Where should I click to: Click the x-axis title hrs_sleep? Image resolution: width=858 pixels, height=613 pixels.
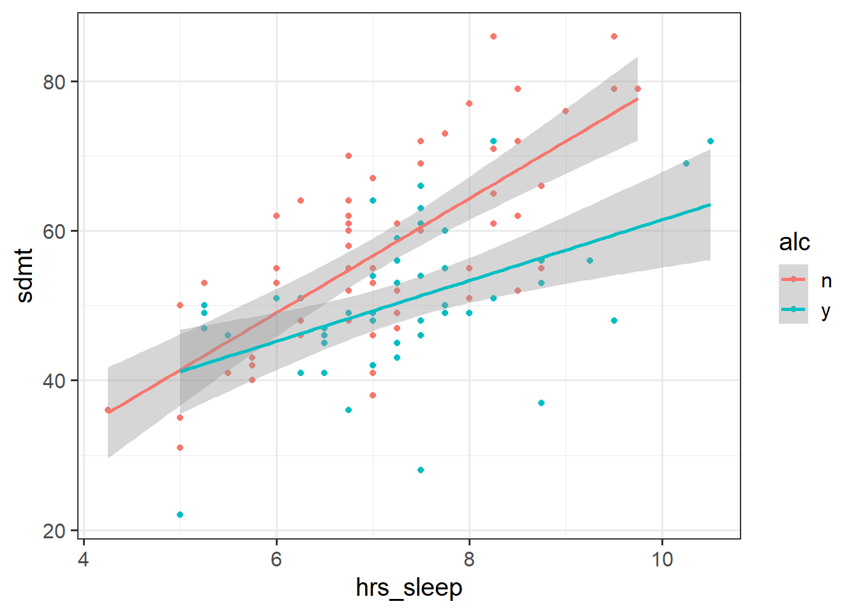(409, 587)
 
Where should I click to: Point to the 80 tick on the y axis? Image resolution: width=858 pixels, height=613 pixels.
(54, 82)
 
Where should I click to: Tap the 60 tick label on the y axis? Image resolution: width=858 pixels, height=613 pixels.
(54, 231)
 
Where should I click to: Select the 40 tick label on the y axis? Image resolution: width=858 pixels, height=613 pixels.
(54, 381)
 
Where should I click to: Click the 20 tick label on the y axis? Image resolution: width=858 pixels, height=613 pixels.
(54, 530)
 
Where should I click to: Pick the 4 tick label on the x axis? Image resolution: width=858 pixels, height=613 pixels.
(84, 559)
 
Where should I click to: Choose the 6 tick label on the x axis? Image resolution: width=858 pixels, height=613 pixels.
(276, 559)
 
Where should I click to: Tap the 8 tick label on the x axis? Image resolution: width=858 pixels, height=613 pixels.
(469, 559)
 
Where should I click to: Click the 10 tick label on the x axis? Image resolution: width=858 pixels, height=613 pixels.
(662, 559)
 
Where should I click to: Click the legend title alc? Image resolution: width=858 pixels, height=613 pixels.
(794, 243)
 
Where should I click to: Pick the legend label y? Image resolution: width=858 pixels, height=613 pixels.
(826, 310)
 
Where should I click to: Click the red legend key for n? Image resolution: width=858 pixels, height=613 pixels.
(794, 279)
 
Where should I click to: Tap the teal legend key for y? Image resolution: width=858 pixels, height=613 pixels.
(794, 309)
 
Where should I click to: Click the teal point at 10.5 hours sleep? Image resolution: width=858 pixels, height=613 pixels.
(710, 141)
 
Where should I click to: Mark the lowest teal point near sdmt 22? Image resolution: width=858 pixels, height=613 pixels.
(180, 515)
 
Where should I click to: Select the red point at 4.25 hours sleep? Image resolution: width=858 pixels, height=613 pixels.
(108, 410)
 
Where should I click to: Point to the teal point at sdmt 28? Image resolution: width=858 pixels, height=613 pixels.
(421, 470)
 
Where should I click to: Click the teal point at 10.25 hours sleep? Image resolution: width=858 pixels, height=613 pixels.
(686, 163)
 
